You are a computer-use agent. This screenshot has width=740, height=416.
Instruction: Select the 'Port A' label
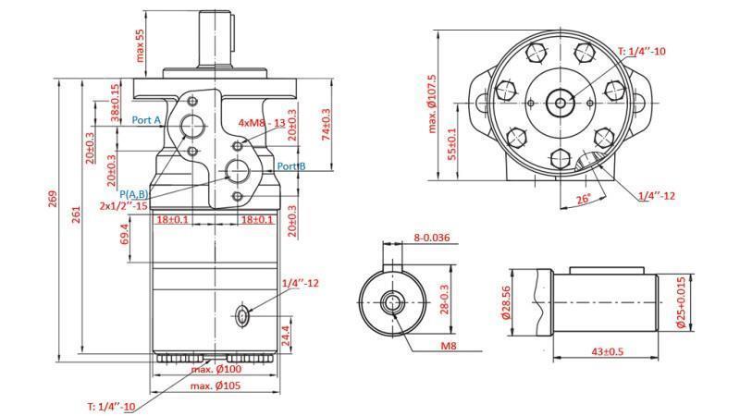pos(146,120)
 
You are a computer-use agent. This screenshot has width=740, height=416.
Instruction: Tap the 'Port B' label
pos(291,166)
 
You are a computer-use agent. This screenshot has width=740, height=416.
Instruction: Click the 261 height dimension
pos(77,215)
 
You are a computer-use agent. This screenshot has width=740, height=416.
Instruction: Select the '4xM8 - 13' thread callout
pos(262,122)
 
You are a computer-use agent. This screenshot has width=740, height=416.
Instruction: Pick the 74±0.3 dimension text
pos(325,126)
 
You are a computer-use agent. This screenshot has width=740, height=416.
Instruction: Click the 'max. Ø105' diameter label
pos(216,385)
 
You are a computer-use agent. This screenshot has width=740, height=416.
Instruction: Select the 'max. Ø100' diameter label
pos(216,370)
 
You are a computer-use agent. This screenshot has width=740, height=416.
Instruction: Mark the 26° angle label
pos(582,200)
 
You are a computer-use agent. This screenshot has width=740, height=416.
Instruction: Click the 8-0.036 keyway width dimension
pos(431,238)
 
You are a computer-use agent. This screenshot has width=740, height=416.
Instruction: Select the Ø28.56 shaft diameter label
pos(506,300)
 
